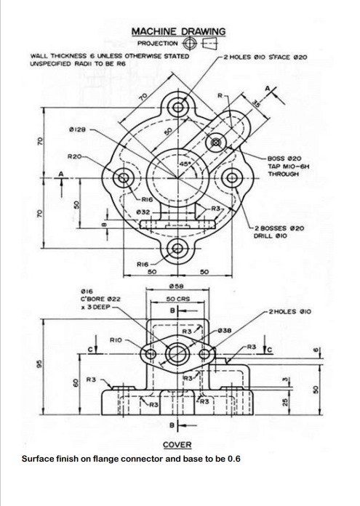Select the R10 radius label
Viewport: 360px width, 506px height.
pyautogui.click(x=115, y=340)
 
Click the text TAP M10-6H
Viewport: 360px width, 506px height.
pyautogui.click(x=287, y=166)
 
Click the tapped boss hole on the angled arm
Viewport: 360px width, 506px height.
pyautogui.click(x=216, y=142)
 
